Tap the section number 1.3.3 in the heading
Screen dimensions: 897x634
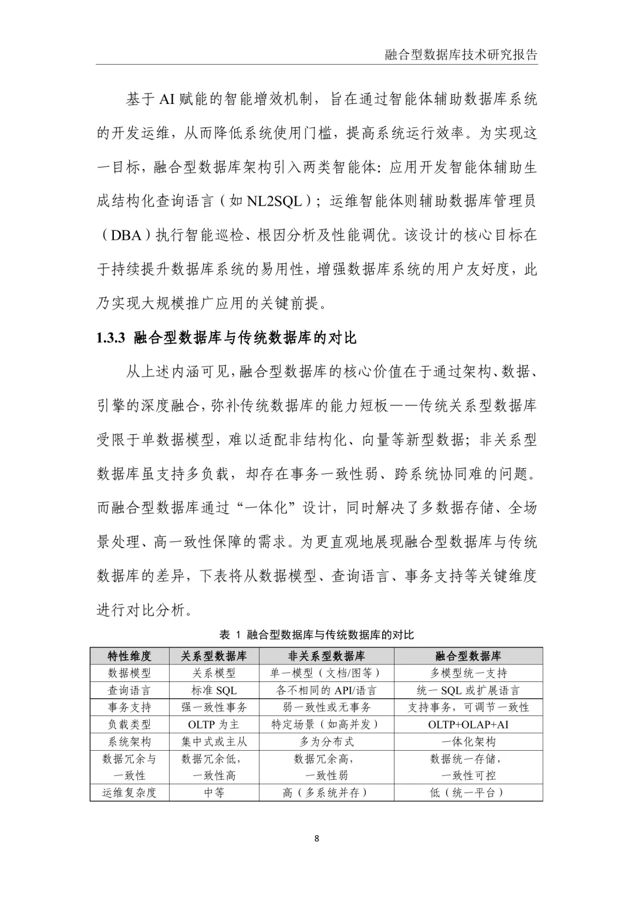(x=111, y=338)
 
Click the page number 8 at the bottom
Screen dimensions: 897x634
(x=317, y=838)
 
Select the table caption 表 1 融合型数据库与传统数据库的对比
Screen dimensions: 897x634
(x=316, y=634)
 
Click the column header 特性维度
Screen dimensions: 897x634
(x=129, y=656)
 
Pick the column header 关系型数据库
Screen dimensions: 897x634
(x=214, y=656)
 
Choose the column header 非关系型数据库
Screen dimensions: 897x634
(x=326, y=656)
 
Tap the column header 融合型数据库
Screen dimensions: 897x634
(x=468, y=656)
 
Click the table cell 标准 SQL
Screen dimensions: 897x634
(x=214, y=690)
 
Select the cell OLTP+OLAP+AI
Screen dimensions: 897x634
(x=468, y=724)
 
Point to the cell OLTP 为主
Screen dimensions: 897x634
(x=214, y=724)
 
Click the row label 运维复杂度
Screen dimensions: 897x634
(x=129, y=792)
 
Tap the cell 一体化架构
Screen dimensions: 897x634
(x=468, y=741)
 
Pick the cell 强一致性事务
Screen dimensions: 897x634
(x=214, y=707)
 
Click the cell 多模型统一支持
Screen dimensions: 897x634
(x=468, y=673)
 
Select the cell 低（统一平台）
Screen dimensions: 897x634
(x=468, y=792)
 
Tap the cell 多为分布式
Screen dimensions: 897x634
(x=326, y=741)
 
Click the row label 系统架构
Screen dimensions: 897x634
(x=129, y=741)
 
